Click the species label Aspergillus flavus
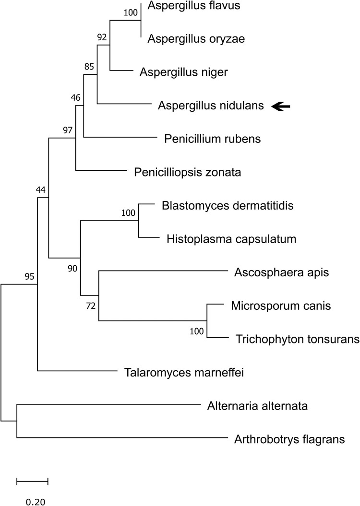pyautogui.click(x=194, y=6)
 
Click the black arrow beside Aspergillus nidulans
pyautogui.click(x=281, y=106)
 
